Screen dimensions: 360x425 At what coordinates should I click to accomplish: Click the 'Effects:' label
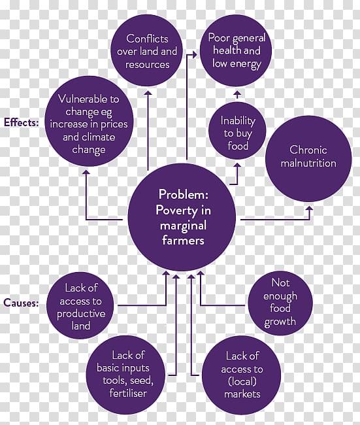(22, 123)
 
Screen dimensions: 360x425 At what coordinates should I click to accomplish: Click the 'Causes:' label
(21, 303)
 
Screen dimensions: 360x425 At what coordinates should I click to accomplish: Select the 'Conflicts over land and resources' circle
(147, 51)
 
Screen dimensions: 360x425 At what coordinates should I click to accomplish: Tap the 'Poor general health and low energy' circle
(236, 51)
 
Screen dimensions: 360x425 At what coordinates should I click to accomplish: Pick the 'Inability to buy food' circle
(237, 131)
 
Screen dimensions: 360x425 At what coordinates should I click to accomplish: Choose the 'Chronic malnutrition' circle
(308, 159)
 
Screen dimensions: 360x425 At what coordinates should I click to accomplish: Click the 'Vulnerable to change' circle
(89, 121)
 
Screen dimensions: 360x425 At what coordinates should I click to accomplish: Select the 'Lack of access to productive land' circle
(80, 306)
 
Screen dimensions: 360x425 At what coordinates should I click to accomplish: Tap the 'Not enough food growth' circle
(280, 303)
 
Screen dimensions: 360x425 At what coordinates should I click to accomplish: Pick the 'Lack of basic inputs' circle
(125, 375)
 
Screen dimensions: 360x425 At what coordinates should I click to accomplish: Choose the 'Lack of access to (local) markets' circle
(241, 375)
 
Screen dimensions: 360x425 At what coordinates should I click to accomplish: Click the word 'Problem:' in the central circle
(184, 194)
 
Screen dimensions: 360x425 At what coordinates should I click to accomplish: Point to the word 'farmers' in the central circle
(183, 241)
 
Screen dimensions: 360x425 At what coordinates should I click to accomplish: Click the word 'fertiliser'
(128, 393)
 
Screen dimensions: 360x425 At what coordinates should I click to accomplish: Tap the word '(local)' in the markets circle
(242, 381)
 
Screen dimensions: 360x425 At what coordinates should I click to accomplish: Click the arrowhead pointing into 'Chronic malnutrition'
(310, 209)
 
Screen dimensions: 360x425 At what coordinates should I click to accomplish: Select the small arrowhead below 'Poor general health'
(237, 93)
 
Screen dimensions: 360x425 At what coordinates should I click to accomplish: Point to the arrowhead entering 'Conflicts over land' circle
(148, 93)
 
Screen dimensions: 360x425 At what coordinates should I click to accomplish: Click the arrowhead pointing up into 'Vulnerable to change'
(86, 173)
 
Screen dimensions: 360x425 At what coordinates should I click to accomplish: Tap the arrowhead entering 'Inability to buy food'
(238, 165)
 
